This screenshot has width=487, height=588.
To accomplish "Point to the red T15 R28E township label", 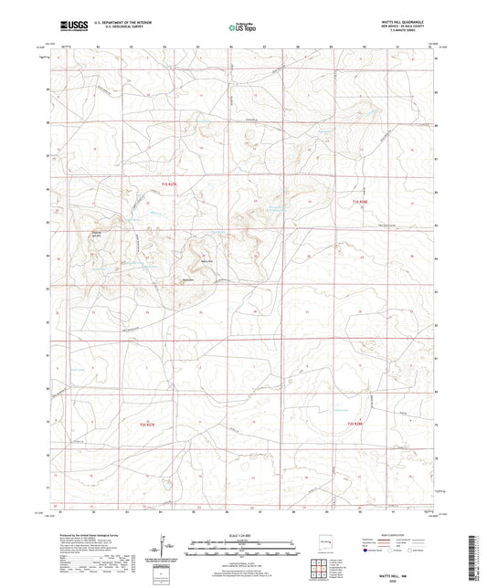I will click(364, 203).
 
